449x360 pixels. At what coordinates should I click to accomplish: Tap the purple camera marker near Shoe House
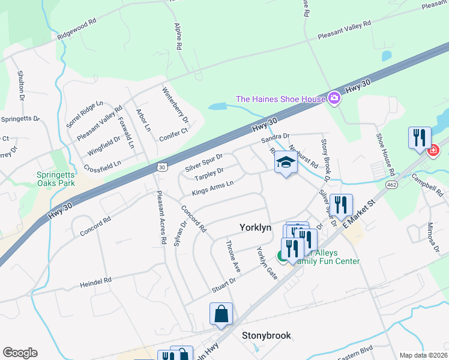335,98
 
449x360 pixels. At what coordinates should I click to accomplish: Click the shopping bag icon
221,313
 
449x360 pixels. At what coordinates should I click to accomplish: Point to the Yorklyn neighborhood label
256,228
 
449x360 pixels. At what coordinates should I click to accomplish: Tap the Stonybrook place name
266,335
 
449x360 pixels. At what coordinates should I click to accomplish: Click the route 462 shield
392,184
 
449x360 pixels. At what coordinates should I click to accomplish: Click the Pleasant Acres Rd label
160,216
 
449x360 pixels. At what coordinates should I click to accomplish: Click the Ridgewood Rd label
77,29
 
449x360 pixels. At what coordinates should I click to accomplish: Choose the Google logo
20,353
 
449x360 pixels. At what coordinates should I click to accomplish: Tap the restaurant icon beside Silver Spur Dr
340,205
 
